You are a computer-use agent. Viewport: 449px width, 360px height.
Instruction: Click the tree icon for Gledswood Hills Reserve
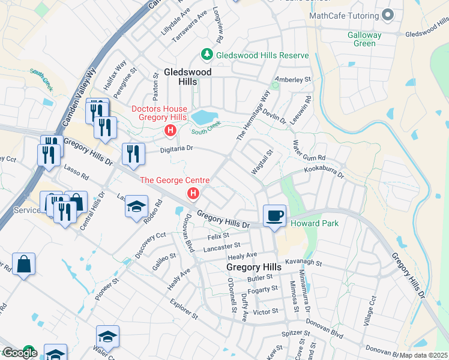click(207, 55)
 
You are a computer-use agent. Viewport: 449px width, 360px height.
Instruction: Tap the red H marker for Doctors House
click(170, 130)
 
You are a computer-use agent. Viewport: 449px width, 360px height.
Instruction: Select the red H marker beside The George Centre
click(193, 193)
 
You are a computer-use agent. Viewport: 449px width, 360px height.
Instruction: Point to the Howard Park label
click(315, 224)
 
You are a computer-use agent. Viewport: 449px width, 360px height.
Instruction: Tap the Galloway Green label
click(364, 39)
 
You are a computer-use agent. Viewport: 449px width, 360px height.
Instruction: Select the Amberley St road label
click(292, 79)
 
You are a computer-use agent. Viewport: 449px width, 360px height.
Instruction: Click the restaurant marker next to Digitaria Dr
click(133, 154)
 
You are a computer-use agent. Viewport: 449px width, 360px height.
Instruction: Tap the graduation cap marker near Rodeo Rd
click(137, 206)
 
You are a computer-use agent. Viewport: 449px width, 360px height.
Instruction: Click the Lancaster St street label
click(221, 245)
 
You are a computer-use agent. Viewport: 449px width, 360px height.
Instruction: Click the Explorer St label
click(184, 308)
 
